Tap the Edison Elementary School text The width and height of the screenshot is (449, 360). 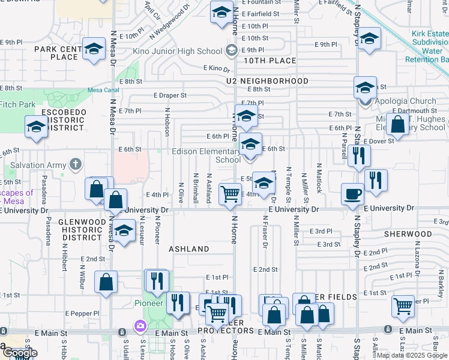(x=206, y=155)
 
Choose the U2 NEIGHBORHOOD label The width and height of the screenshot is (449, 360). (x=267, y=80)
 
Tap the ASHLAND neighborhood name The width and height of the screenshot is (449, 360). (x=188, y=248)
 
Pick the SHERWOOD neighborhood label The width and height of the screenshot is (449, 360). (x=408, y=233)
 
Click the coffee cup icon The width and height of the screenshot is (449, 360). (x=352, y=194)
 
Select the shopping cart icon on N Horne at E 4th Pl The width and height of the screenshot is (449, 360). (x=230, y=194)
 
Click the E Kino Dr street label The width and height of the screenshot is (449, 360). (x=217, y=69)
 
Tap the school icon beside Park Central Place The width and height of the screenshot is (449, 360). (x=94, y=49)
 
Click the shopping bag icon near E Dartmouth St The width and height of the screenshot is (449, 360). (x=397, y=125)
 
